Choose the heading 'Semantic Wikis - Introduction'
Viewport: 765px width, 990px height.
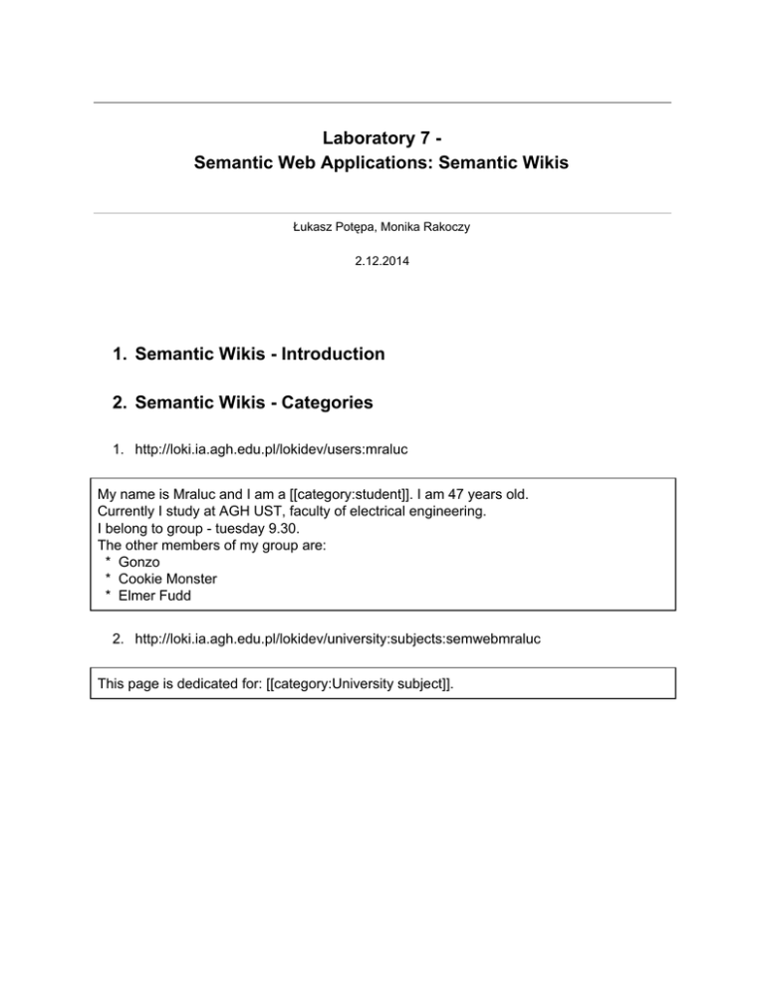click(259, 354)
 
